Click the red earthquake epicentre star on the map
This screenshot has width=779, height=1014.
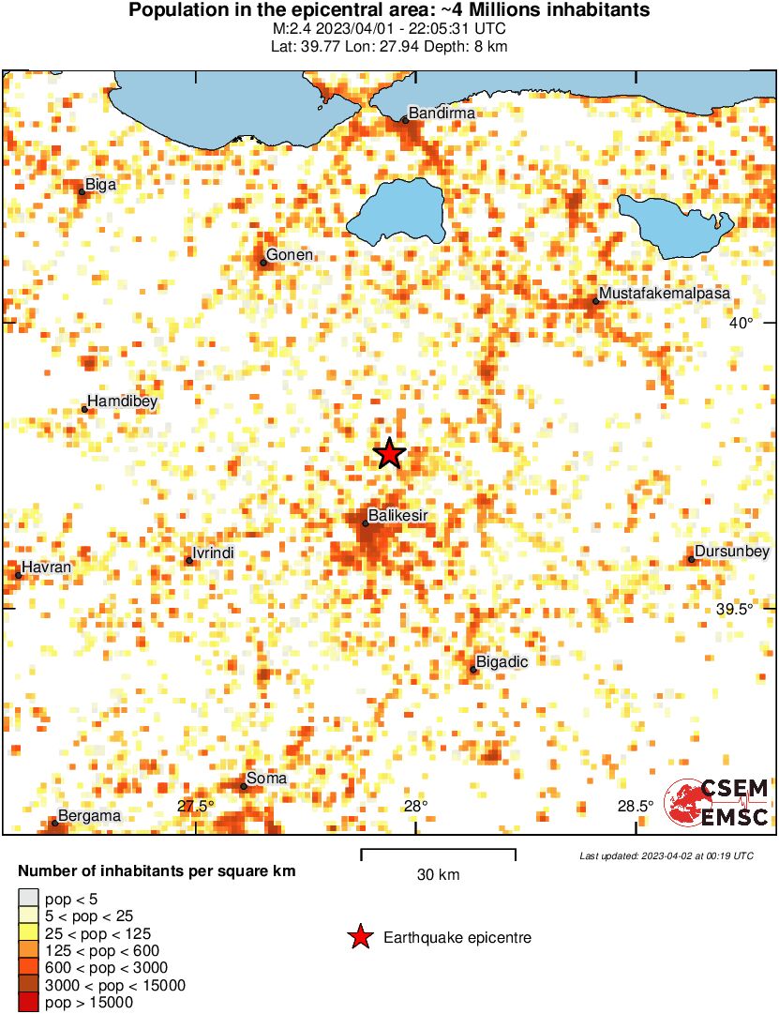coord(389,454)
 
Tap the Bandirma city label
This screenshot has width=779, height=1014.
coord(443,114)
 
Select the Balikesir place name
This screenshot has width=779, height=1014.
coord(398,515)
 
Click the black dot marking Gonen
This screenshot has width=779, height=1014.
coord(263,263)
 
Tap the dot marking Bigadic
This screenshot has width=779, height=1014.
coord(474,669)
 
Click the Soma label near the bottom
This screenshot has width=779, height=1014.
coord(266,779)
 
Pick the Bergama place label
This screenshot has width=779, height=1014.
coord(89,816)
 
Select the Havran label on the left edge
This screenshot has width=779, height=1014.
coord(48,568)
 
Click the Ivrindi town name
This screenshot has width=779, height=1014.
coord(213,553)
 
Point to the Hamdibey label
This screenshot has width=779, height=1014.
coord(122,401)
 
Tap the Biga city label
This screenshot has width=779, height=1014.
coord(100,185)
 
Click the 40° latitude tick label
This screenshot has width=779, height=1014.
coord(741,323)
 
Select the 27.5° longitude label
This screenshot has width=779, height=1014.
coord(195,806)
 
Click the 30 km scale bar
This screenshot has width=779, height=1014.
coord(438,853)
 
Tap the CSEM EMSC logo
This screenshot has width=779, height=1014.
coord(717,803)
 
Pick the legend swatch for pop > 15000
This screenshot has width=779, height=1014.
coord(29,1003)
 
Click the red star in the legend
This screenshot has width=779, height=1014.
coord(359,937)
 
